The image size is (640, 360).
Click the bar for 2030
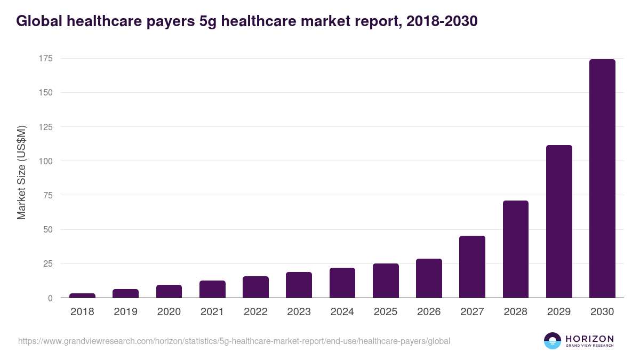point(602,179)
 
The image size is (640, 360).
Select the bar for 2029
point(559,221)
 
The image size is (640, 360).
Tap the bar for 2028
point(516,249)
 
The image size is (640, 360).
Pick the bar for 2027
point(472,267)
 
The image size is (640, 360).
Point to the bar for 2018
point(82,295)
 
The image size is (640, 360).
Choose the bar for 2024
point(342,283)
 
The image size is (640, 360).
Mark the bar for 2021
point(212,289)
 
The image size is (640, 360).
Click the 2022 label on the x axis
point(255,312)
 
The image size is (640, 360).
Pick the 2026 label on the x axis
point(429,312)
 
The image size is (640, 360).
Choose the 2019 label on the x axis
point(125,312)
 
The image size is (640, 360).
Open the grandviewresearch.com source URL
point(234,341)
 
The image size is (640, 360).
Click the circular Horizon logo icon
point(553,341)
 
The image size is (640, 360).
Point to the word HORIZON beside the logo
point(589,339)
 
